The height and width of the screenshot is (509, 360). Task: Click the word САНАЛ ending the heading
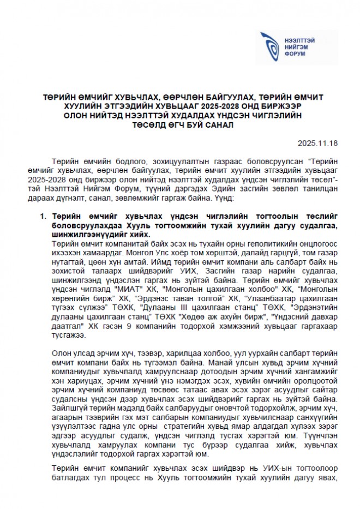click(219, 124)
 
